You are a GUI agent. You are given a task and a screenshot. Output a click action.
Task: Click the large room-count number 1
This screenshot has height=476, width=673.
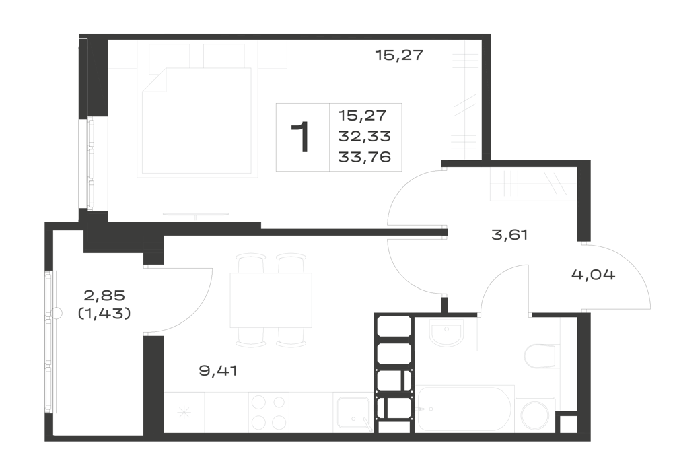point(300,137)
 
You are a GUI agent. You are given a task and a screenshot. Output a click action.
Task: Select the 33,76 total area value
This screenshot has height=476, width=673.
point(364,157)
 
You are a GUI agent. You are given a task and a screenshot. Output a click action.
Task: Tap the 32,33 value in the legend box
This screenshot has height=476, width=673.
point(364,137)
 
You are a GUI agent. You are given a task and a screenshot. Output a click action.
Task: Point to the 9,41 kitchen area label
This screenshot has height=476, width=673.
point(218,370)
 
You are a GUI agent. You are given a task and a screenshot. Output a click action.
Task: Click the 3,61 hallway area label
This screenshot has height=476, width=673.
point(509,235)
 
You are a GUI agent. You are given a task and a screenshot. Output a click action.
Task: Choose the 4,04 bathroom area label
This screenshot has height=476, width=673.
point(593,274)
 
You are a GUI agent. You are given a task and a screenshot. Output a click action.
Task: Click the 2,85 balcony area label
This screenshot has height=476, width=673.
point(104,296)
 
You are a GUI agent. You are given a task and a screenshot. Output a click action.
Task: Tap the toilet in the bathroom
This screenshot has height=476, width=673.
point(542,355)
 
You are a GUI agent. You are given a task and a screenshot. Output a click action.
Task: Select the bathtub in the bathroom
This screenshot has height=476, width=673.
point(464,408)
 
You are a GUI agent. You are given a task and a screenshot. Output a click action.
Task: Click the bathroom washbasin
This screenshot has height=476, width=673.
point(446,333)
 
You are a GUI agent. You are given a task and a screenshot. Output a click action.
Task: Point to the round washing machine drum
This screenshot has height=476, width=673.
point(535,415)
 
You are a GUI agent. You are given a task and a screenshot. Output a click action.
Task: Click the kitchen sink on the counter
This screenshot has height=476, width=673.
point(353,413)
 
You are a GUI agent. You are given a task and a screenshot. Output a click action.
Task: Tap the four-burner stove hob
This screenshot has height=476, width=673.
point(269,413)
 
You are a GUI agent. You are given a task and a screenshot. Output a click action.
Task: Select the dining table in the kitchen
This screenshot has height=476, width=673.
point(271,300)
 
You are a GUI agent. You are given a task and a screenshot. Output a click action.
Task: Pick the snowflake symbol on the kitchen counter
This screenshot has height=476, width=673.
point(184,413)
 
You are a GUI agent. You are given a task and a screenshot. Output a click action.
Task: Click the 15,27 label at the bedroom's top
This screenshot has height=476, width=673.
point(399,55)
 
